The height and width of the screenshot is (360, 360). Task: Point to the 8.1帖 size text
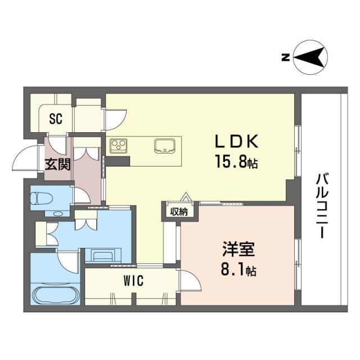[236, 271]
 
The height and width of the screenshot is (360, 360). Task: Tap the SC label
[55, 119]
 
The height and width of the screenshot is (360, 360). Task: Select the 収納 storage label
[180, 211]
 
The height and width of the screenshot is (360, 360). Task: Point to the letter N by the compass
[286, 56]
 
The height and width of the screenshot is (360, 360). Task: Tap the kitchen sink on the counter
[164, 145]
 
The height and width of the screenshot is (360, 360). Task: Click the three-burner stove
[120, 146]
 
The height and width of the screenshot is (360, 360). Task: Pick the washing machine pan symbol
[103, 255]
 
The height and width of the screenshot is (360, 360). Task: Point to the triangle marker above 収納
[184, 198]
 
